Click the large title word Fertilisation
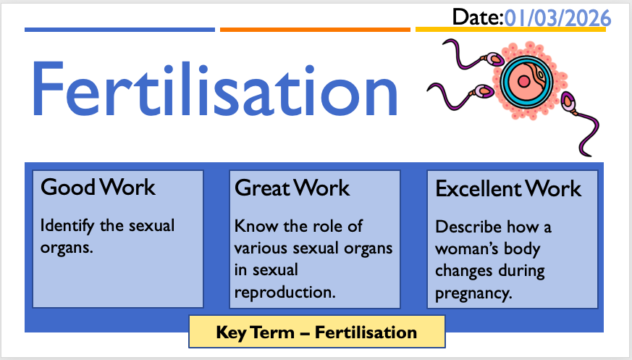(x=214, y=89)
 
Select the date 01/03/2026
(x=557, y=19)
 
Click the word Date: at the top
(x=478, y=17)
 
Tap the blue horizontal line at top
(x=119, y=30)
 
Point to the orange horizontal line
(x=315, y=30)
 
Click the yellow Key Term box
(x=317, y=332)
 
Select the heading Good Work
(x=98, y=188)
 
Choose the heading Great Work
(x=292, y=188)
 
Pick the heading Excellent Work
(x=508, y=188)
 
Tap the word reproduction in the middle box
(x=285, y=293)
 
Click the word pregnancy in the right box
(x=473, y=293)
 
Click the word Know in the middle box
(x=256, y=226)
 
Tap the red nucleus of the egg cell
(x=523, y=82)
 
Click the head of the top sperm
(x=495, y=60)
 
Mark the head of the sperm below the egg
(x=568, y=101)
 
